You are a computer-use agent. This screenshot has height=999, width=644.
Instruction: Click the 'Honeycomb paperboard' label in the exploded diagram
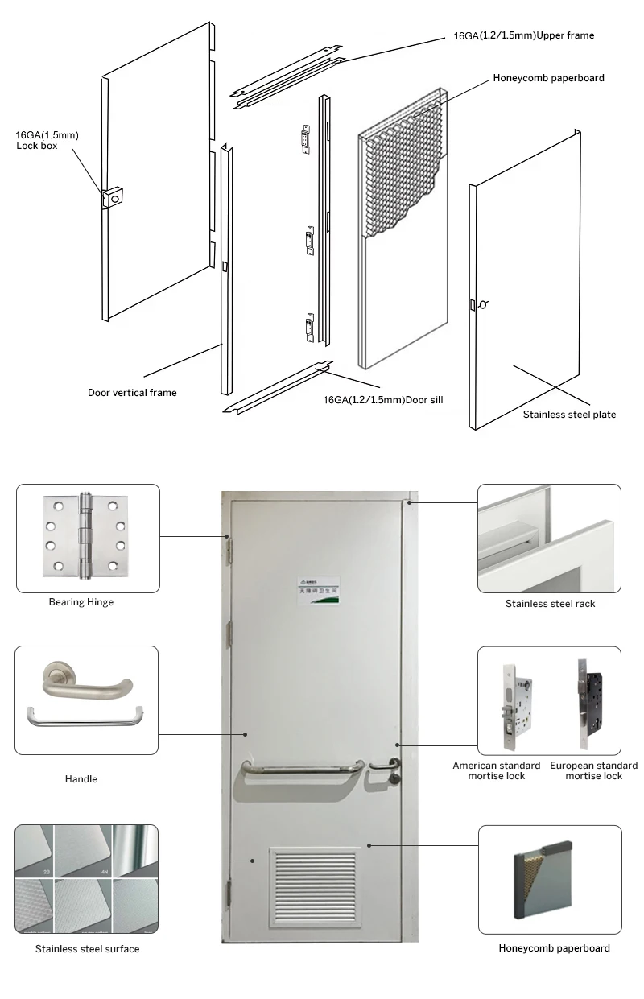(548, 78)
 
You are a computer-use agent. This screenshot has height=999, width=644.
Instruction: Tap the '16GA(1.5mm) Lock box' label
(47, 140)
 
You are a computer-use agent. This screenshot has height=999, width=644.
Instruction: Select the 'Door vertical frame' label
(132, 393)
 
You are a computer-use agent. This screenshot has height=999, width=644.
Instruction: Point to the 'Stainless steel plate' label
(569, 415)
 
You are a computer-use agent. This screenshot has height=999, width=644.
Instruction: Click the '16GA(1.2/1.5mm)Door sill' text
(383, 399)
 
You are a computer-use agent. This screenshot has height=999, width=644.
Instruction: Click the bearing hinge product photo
(86, 537)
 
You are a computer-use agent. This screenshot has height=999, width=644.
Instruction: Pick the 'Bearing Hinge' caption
(81, 602)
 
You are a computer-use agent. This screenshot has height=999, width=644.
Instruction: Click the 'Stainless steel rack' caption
(550, 603)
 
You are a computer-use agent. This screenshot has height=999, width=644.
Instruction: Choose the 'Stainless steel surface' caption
(87, 949)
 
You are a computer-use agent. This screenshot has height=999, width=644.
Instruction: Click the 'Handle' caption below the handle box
(81, 779)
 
